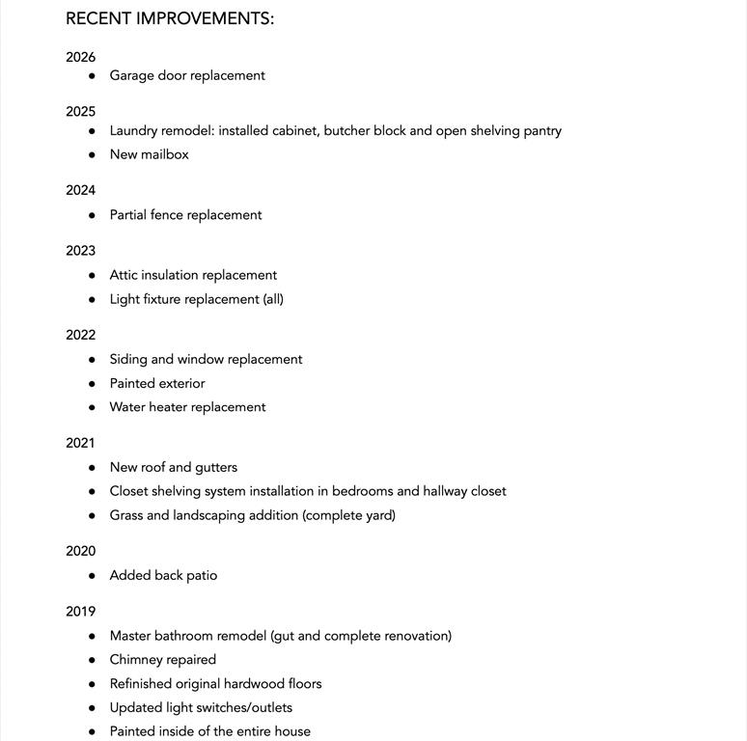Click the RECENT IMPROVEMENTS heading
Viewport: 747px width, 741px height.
coord(170,18)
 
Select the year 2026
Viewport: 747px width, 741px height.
coord(81,57)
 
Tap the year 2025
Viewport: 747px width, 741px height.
coord(81,112)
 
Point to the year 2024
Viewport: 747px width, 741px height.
coord(81,190)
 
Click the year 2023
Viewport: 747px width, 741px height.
coord(81,251)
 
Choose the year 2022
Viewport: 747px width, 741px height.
coord(81,335)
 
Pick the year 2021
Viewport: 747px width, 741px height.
coord(81,443)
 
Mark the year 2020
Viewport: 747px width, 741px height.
coord(81,551)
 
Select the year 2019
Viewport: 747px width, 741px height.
coord(81,612)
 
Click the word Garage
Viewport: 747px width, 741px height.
coord(131,75)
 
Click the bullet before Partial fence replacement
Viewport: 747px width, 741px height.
coord(92,215)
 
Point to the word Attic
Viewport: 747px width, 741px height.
coord(124,275)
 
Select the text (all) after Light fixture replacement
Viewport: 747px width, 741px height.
coord(273,299)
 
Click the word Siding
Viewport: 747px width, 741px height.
coord(128,359)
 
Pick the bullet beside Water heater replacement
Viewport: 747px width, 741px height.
coord(92,407)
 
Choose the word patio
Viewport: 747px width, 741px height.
coord(202,575)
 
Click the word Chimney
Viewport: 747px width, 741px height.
coord(135,660)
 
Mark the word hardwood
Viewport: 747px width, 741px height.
coord(255,684)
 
